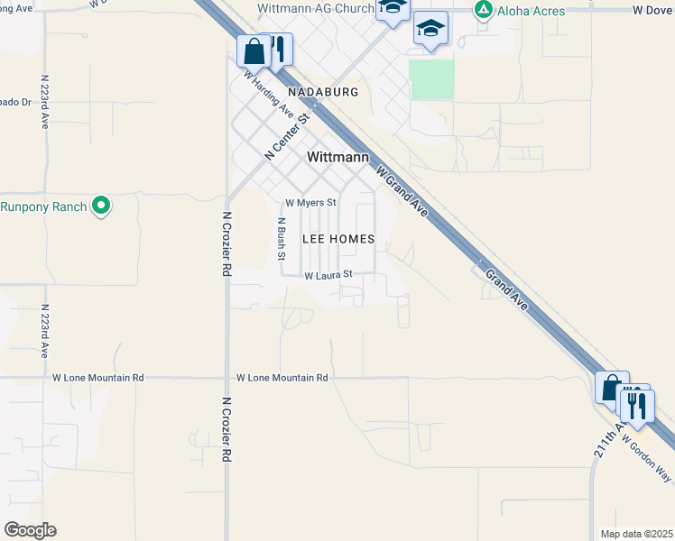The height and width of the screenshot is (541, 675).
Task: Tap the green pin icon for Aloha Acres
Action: [484, 10]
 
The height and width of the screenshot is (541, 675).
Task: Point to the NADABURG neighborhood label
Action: [323, 92]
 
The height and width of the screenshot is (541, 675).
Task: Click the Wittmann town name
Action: [338, 157]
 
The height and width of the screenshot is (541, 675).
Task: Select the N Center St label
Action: [288, 135]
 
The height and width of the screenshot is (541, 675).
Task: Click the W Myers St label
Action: [310, 203]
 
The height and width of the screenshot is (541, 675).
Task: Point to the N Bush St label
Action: [281, 239]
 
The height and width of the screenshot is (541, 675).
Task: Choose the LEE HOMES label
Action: [337, 239]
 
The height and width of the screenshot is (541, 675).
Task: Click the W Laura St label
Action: [327, 275]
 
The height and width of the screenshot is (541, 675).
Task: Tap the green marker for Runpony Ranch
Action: [102, 206]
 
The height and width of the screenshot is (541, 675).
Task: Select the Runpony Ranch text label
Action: [43, 206]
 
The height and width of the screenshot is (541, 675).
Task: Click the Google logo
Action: [30, 530]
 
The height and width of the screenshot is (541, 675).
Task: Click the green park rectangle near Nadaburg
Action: [431, 79]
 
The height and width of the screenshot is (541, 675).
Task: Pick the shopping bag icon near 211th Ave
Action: [612, 388]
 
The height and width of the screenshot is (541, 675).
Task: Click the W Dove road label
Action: [653, 11]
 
